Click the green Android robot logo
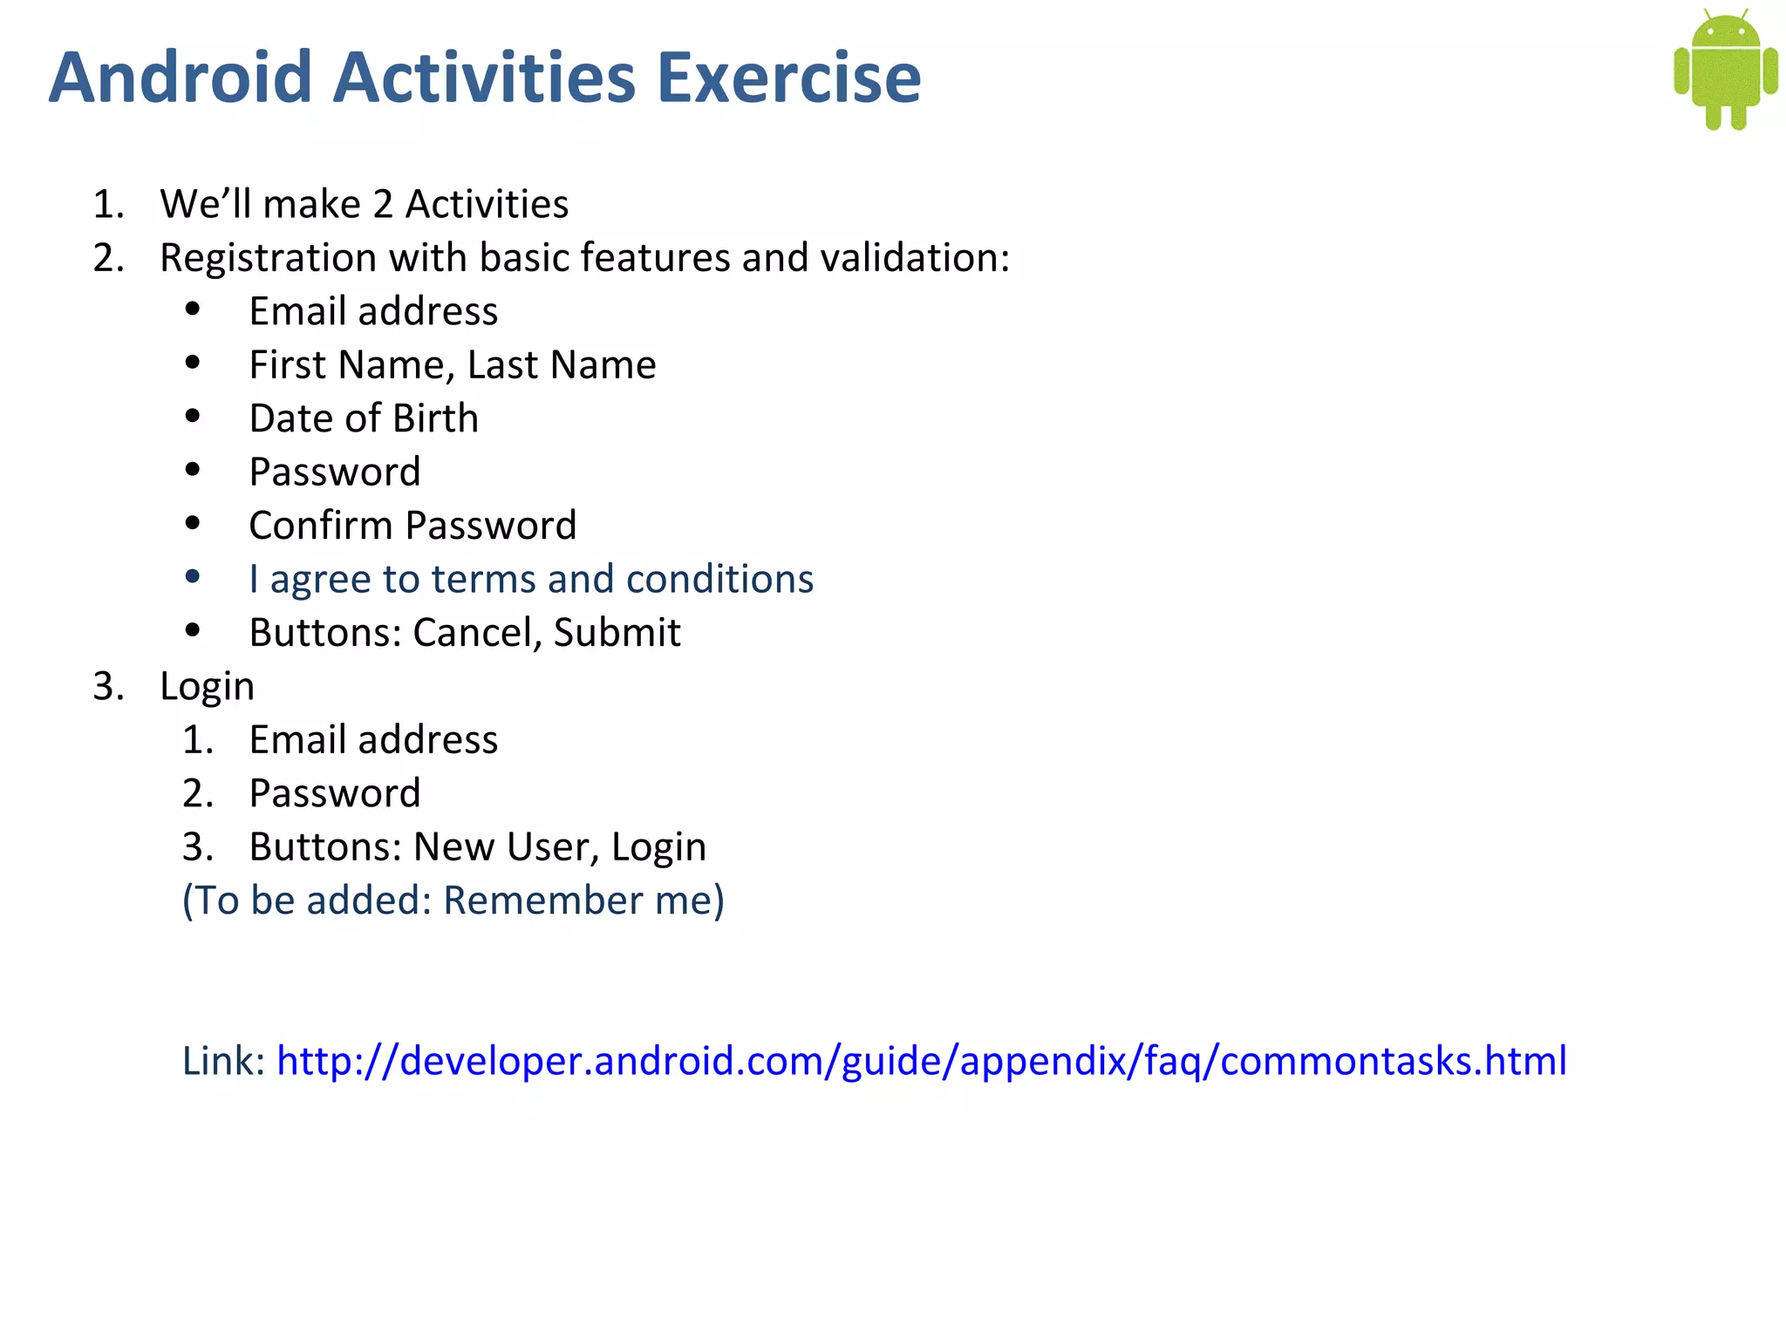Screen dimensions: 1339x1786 [x=1725, y=70]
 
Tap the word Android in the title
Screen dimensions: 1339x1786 [x=180, y=78]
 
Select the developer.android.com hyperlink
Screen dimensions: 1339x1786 [x=921, y=1061]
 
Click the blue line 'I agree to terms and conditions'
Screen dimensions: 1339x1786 [x=530, y=579]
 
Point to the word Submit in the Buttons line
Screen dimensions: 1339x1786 [x=617, y=633]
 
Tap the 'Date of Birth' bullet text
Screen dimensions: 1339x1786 [x=364, y=418]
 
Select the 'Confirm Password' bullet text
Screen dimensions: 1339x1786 [x=412, y=526]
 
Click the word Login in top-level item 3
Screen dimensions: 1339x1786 [x=208, y=687]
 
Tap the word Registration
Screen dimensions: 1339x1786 [x=268, y=258]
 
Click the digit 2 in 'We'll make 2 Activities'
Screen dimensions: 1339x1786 [x=382, y=205]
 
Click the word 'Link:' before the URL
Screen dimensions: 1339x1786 [x=223, y=1061]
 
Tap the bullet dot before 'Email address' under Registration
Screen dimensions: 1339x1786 [x=193, y=309]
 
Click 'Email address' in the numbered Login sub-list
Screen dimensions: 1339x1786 [x=373, y=740]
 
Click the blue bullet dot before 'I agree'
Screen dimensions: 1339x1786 [x=193, y=576]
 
